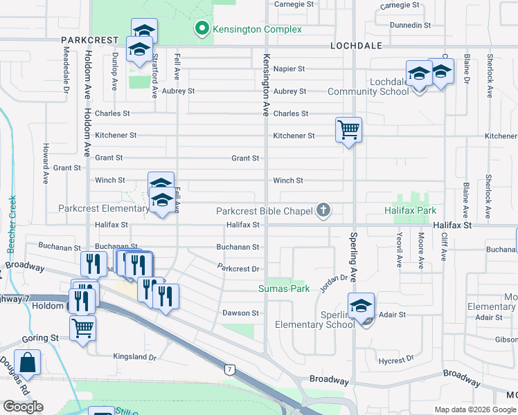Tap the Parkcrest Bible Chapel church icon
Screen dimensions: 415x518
323,210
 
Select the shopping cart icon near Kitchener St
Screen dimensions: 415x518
348,129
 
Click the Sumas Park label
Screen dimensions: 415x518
284,288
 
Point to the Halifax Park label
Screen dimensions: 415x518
411,210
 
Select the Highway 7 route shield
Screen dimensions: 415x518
229,370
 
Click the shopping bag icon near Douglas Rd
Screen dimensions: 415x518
28,362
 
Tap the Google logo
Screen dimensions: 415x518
24,407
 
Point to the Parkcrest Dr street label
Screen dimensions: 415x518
238,268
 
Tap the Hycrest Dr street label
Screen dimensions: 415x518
395,360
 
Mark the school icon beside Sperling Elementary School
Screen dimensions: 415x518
361,305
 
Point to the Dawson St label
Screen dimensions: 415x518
240,313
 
